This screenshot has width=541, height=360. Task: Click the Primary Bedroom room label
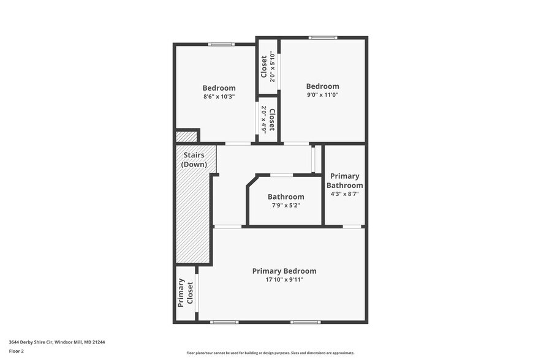(284, 271)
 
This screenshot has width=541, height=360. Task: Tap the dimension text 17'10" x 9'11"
(284, 280)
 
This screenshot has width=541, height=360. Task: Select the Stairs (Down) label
(194, 160)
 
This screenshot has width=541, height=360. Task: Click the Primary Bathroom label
(344, 181)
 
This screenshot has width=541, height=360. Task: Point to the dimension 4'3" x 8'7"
(344, 193)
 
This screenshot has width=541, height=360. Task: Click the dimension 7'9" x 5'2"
(286, 205)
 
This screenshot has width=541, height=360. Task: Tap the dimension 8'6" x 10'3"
(219, 97)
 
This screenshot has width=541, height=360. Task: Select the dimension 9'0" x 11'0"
(322, 95)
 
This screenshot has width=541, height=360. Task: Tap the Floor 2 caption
(17, 351)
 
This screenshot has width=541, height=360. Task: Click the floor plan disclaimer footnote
(271, 353)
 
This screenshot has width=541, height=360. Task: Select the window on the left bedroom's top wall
(221, 44)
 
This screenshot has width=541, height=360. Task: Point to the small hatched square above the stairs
(186, 137)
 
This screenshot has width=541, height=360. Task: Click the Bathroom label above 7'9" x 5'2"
(286, 197)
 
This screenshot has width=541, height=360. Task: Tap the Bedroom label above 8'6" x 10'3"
(219, 88)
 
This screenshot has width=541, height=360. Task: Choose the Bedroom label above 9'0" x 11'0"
(322, 86)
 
